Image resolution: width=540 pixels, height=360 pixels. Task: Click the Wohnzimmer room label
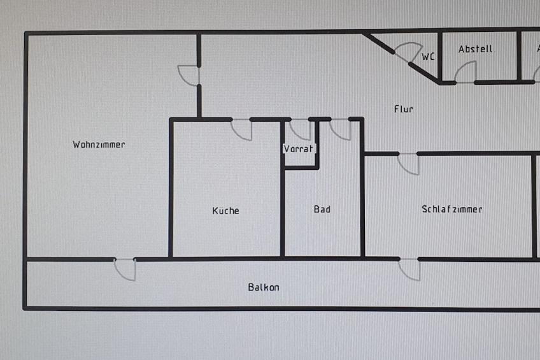(99, 145)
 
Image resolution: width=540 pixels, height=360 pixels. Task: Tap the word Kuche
(226, 210)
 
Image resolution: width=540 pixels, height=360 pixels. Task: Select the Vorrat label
(299, 149)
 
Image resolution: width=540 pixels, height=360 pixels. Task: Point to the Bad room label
(322, 209)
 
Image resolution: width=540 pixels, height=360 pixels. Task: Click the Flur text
(404, 109)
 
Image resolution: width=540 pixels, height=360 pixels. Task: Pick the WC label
(429, 57)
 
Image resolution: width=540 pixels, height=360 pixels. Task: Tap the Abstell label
(476, 49)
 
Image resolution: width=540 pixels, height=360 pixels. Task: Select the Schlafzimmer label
(452, 209)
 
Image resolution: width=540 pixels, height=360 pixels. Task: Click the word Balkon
(264, 287)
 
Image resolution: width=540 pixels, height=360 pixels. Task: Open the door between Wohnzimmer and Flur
(190, 75)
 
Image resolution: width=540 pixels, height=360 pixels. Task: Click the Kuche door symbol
(241, 129)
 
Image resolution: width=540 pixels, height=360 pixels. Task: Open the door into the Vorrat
(301, 129)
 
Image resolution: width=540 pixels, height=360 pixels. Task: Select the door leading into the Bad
(340, 129)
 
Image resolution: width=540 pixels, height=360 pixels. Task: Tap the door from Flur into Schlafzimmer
(409, 163)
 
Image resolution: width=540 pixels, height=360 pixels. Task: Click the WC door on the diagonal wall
(408, 52)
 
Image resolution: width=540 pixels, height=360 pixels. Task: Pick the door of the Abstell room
(465, 73)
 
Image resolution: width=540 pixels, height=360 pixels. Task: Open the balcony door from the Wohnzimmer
(125, 269)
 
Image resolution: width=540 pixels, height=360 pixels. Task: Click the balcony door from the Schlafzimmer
(409, 269)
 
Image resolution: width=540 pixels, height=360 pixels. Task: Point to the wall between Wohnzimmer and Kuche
(171, 191)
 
